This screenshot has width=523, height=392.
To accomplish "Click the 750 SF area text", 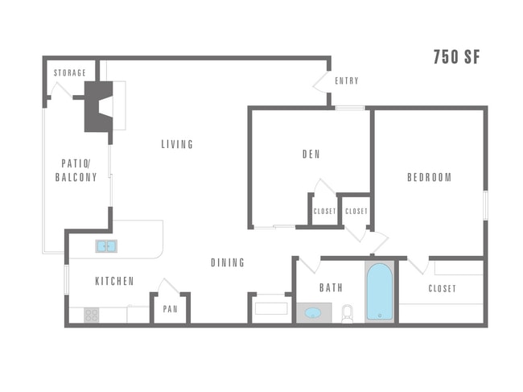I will pyautogui.click(x=456, y=56).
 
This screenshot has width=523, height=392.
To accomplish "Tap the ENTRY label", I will pyautogui.click(x=346, y=80).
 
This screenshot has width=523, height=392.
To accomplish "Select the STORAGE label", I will pyautogui.click(x=70, y=73).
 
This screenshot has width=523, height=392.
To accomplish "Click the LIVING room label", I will pyautogui.click(x=177, y=145).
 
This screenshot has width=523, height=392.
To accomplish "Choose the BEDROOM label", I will pyautogui.click(x=429, y=178).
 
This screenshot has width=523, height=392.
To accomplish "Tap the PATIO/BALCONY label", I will pyautogui.click(x=76, y=170).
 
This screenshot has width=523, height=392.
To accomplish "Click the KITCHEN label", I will pyautogui.click(x=114, y=281).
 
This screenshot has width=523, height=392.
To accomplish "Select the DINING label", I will pyautogui.click(x=228, y=263).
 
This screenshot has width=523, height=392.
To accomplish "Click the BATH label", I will pyautogui.click(x=331, y=287).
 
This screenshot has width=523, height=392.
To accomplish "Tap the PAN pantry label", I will pyautogui.click(x=170, y=309).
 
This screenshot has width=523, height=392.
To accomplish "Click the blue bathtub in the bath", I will pyautogui.click(x=379, y=292).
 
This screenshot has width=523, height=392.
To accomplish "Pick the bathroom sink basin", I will pyautogui.click(x=313, y=312).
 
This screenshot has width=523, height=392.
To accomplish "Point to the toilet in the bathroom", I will pyautogui.click(x=348, y=313).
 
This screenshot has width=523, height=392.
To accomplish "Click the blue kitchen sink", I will pyautogui.click(x=106, y=246).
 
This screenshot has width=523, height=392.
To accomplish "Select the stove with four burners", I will pyautogui.click(x=92, y=315).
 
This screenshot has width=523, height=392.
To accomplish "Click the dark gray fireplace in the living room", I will pyautogui.click(x=98, y=106).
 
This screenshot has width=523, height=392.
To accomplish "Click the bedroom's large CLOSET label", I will pyautogui.click(x=442, y=288).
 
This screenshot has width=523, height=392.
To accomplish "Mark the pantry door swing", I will pyautogui.click(x=167, y=286).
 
